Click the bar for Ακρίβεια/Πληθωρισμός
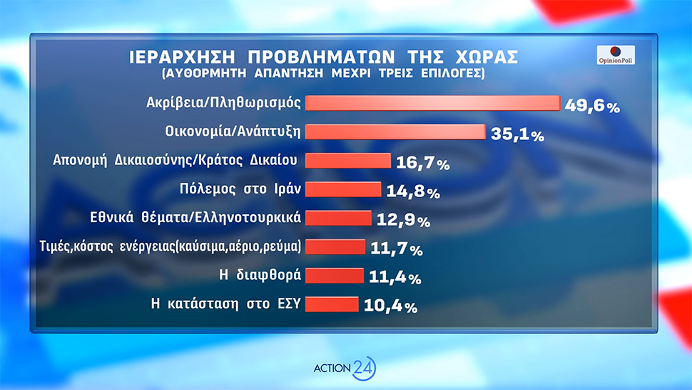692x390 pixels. (432, 104)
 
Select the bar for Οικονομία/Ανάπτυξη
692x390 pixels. (395, 132)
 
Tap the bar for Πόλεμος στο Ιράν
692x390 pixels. (343, 189)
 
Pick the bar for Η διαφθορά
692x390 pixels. (335, 276)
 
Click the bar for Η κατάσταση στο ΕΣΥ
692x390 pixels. (332, 304)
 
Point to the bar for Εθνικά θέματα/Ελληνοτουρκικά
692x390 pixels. (339, 218)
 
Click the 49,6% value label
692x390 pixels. (592, 106)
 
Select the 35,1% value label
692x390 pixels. (518, 134)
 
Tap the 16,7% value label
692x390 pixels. (423, 164)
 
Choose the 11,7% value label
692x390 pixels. (397, 249)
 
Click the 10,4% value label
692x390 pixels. (390, 306)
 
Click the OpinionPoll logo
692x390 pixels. (615, 56)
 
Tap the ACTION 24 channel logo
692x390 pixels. (345, 368)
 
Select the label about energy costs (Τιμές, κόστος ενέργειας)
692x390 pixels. (170, 246)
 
